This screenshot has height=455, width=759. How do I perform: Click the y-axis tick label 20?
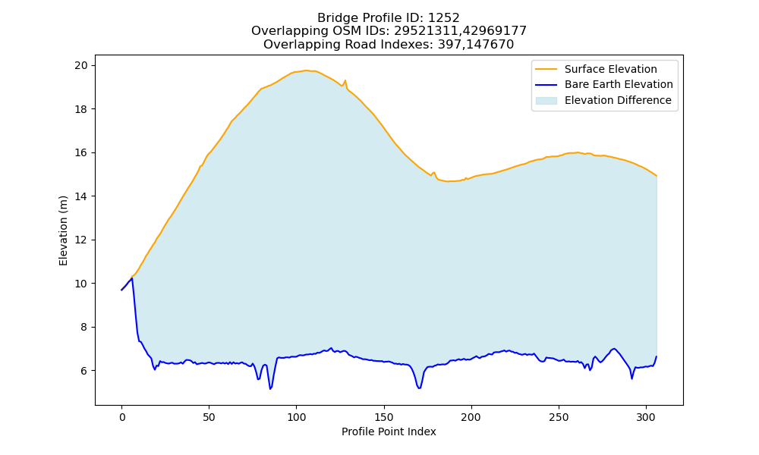coord(81,65)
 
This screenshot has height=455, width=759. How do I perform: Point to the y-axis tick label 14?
coord(81,196)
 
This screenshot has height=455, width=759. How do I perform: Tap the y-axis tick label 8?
coord(84,328)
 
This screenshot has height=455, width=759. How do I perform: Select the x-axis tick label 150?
coord(384,417)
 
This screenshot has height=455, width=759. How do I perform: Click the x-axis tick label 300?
coord(646,417)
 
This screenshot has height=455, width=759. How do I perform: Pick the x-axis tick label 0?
coord(121,417)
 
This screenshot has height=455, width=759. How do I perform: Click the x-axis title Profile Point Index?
coord(389,431)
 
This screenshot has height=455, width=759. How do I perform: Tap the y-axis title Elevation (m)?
coord(64,231)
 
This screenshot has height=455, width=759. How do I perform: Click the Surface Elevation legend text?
coord(610,69)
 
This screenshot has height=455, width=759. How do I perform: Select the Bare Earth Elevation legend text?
coord(619,85)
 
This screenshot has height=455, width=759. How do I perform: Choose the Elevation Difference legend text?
coord(618,100)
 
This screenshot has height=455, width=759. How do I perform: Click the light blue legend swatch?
coord(546,101)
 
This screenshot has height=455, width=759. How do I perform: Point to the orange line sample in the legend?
coord(546,69)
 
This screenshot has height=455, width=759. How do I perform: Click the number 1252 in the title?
coord(443,18)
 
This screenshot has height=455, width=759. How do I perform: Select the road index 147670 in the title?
coord(490,45)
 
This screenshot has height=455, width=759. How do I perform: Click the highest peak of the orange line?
coord(305,70)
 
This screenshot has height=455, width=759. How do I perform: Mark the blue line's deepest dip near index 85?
coord(270,388)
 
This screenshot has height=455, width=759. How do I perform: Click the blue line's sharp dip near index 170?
coord(419,388)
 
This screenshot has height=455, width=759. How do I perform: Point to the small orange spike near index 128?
coord(345,80)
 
